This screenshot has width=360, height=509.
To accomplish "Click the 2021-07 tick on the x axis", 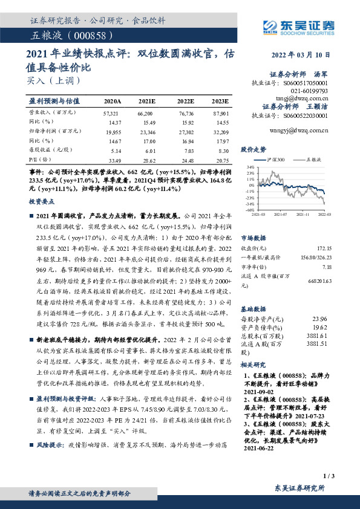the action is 280,213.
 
